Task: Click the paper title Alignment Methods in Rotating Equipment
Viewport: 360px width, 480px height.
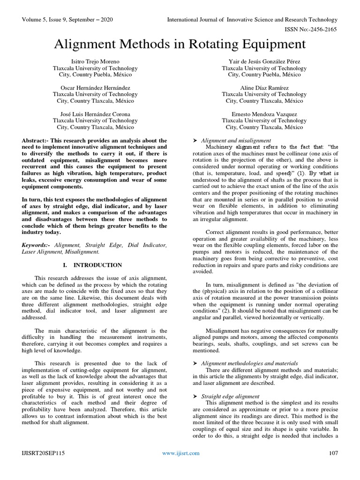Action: tap(180, 45)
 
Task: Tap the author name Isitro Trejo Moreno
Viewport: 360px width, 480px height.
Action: tap(95, 61)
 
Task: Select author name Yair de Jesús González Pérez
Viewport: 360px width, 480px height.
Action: tap(264, 61)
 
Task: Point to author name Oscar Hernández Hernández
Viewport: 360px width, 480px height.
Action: tap(95, 88)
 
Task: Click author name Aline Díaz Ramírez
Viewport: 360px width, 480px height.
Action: tap(264, 88)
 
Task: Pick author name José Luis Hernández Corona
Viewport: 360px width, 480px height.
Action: tap(95, 114)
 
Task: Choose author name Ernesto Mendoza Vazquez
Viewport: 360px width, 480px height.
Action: tap(264, 114)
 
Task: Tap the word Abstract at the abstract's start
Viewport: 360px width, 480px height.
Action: tap(35, 140)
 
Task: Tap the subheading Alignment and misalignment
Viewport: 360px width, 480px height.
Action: tap(236, 140)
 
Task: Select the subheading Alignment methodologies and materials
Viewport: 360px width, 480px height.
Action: tap(249, 363)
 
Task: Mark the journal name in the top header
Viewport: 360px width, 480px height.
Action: tap(252, 20)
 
